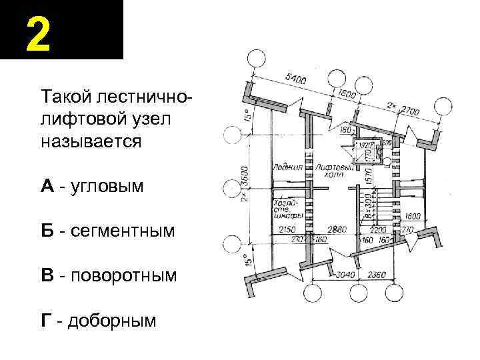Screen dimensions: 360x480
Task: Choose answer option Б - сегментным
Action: pyautogui.click(x=107, y=231)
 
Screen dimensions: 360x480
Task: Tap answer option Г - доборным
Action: pyautogui.click(x=99, y=321)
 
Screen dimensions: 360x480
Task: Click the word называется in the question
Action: pyautogui.click(x=91, y=141)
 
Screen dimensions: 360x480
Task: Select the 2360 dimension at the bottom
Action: pyautogui.click(x=379, y=273)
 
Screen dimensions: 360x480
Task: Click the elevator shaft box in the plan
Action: pyautogui.click(x=365, y=152)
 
